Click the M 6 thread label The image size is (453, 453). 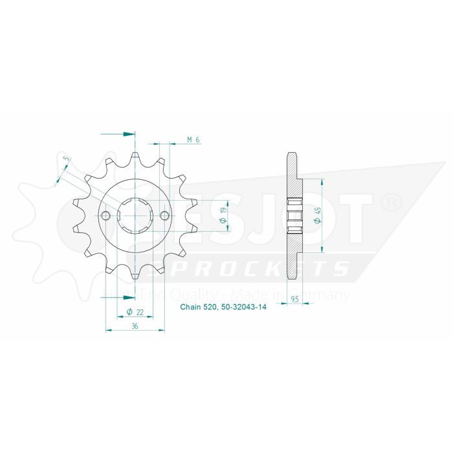pos(192,140)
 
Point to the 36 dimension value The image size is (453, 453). pos(135,326)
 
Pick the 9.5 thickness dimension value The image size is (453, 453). pos(294,300)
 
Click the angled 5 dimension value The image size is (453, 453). pos(65,160)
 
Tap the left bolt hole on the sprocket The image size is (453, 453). pos(106,215)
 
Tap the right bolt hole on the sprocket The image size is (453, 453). pos(164,215)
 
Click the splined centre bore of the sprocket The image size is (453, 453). pos(135,215)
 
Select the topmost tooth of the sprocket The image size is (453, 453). pos(135,157)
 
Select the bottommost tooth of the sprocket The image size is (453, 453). pos(135,274)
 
